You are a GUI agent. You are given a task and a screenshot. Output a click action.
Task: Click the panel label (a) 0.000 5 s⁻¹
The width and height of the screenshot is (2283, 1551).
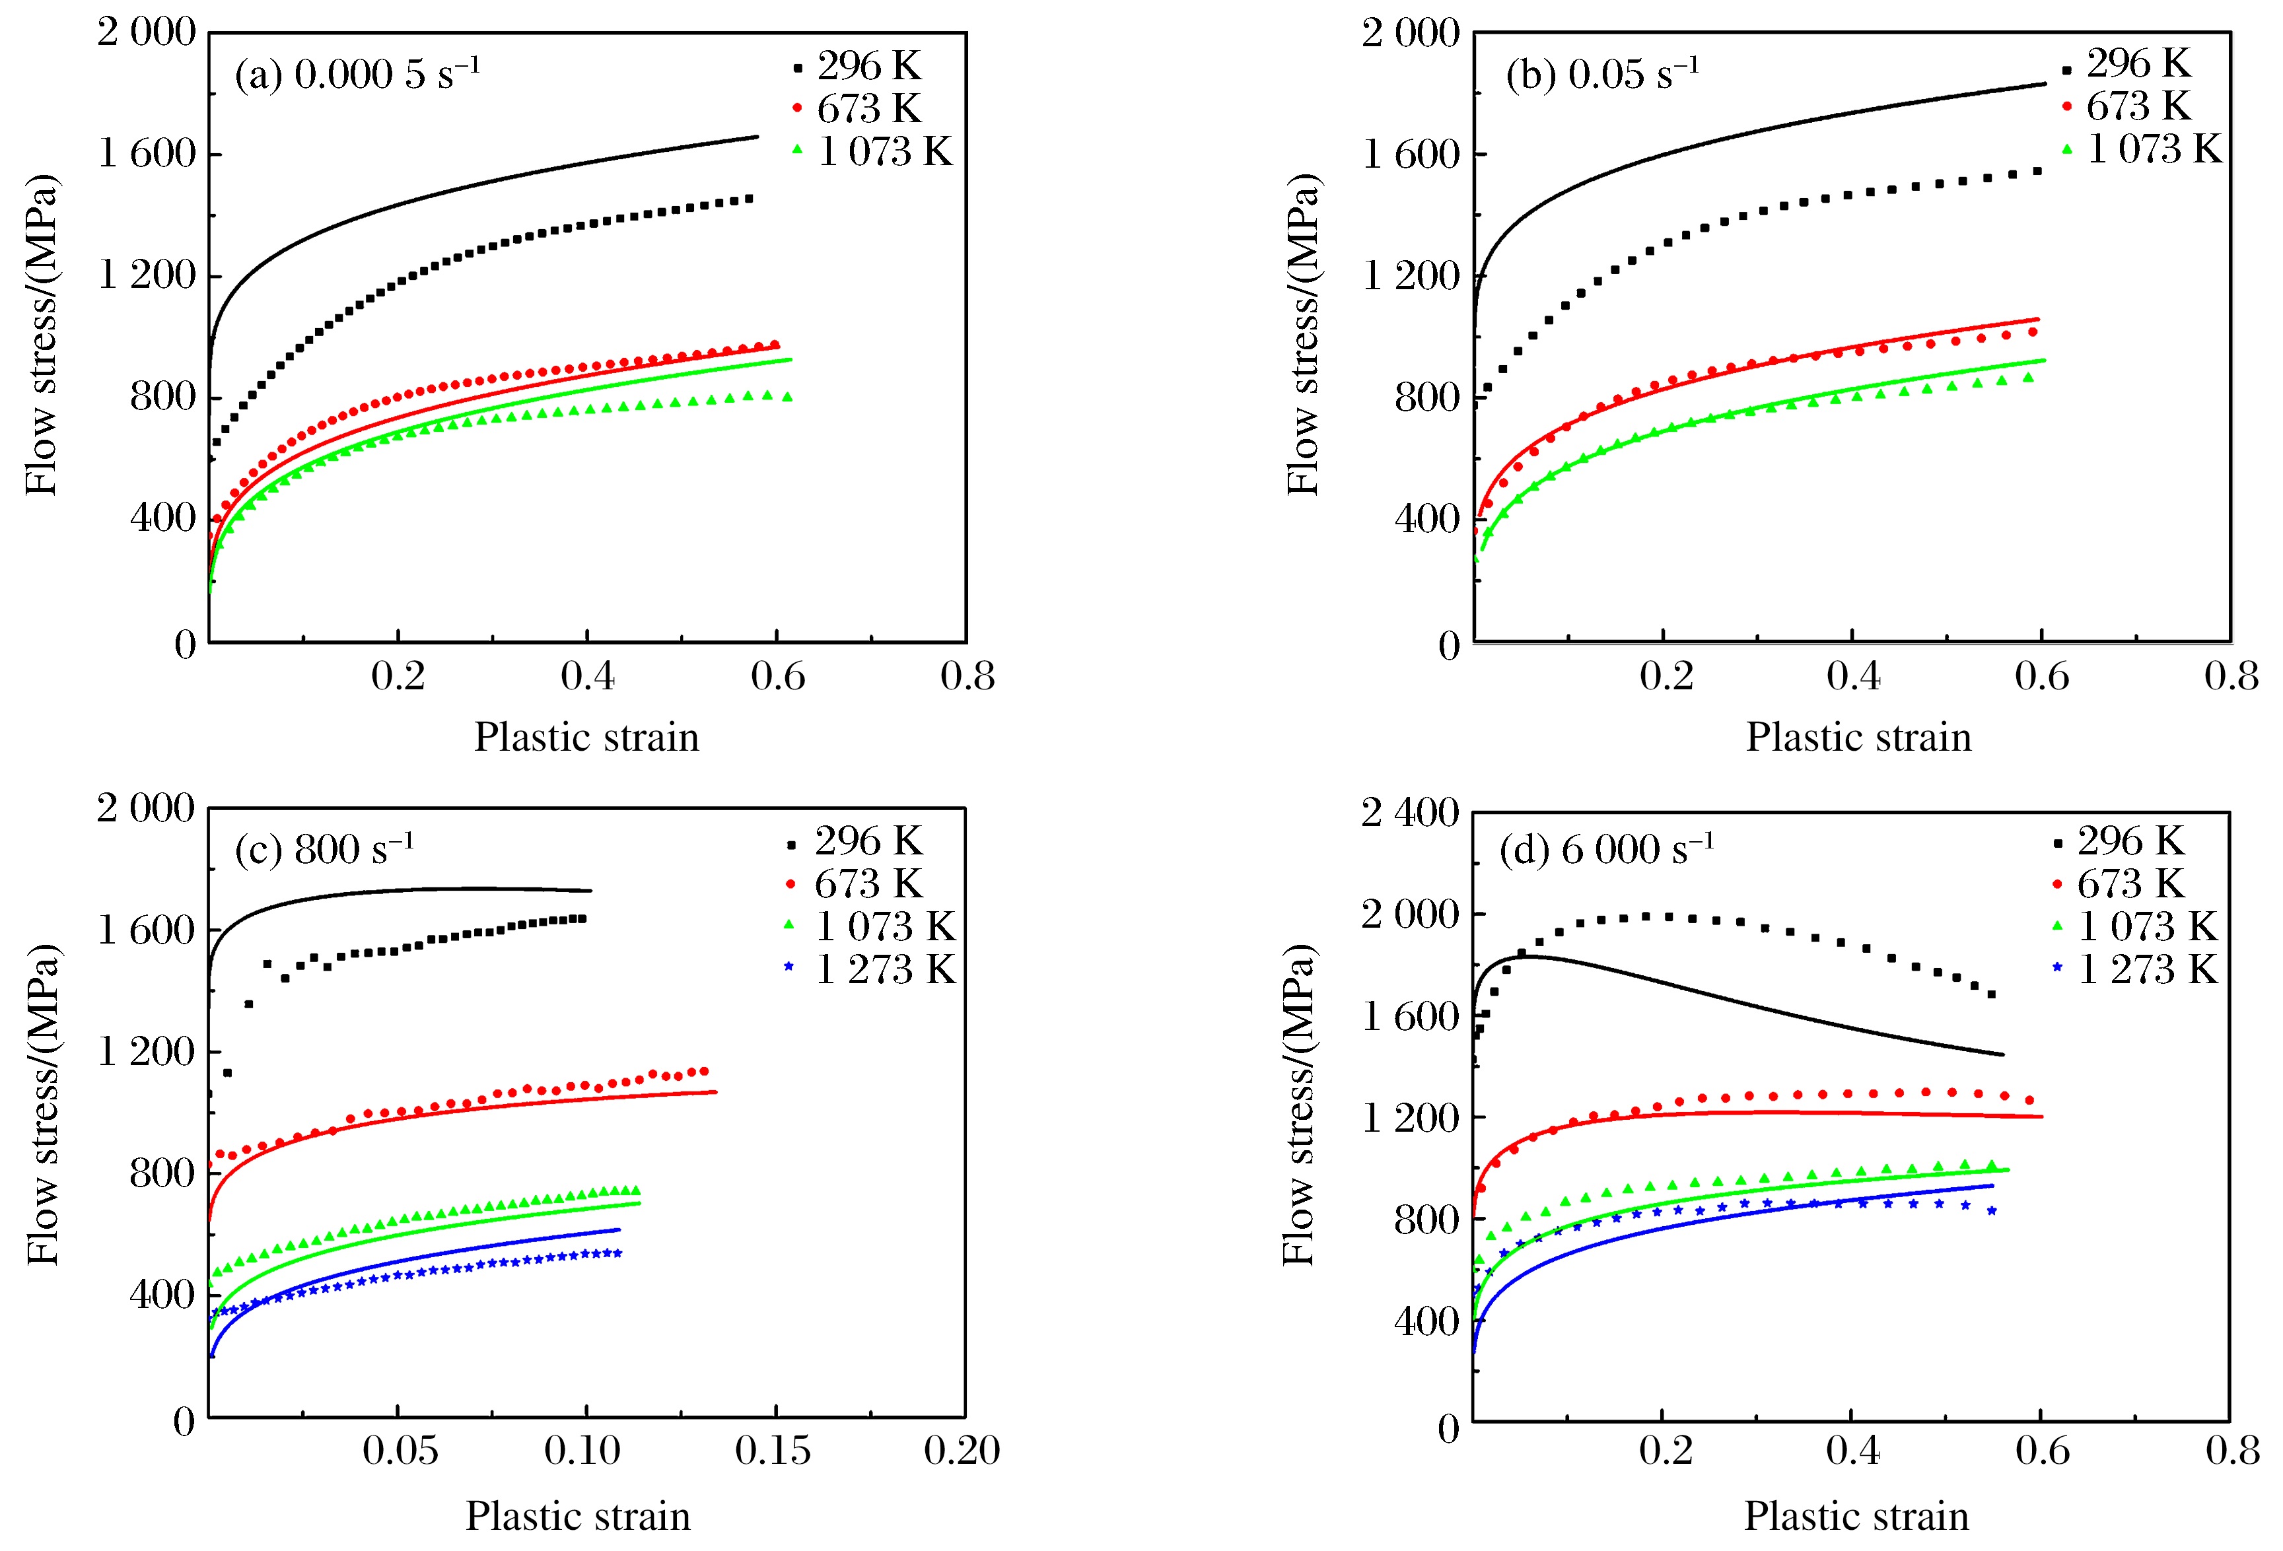pyautogui.click(x=357, y=75)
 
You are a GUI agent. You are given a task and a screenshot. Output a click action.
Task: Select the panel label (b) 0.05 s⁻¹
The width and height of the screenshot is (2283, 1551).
pyautogui.click(x=1601, y=75)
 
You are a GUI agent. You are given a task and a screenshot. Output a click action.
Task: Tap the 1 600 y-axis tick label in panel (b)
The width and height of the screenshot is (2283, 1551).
pyautogui.click(x=1410, y=155)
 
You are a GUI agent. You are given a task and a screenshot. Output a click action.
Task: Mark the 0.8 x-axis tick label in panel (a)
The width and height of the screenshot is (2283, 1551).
pyautogui.click(x=967, y=676)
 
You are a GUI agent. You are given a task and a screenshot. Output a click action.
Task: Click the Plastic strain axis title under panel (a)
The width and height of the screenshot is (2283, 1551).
pyautogui.click(x=586, y=737)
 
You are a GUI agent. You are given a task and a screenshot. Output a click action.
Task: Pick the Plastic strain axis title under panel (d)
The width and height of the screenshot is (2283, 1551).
pyautogui.click(x=1856, y=1515)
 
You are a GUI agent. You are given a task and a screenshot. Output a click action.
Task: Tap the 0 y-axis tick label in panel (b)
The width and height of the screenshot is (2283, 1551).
pyautogui.click(x=1448, y=646)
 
